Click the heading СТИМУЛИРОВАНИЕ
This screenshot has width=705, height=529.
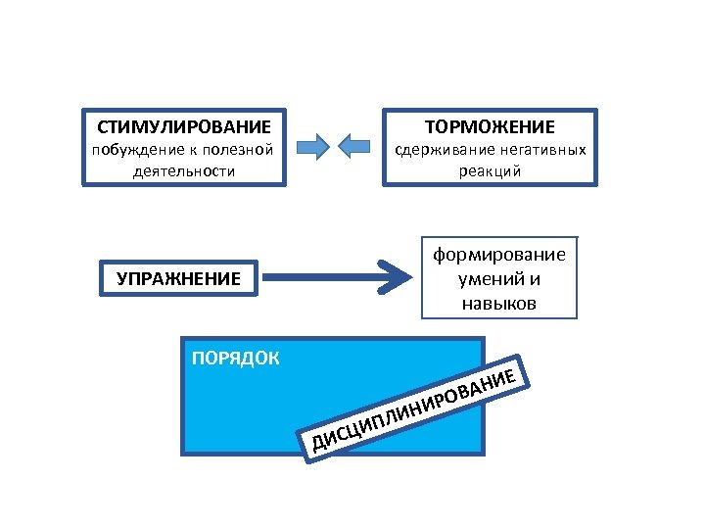coord(184,127)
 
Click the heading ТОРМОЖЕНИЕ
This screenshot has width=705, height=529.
coord(490,127)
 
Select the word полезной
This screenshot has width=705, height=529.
coord(237,150)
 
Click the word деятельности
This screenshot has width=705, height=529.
coord(183,170)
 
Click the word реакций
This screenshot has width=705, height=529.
coord(489,170)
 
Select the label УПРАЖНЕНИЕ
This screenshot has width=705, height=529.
coord(178,278)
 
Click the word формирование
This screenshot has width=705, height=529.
coord(499,255)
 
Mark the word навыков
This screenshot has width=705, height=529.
coord(499,304)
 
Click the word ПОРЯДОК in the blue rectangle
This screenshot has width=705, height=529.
coord(235,357)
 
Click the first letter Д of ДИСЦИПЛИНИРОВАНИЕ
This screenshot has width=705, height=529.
coord(319,448)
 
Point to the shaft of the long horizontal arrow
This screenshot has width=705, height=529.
coord(323,278)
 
